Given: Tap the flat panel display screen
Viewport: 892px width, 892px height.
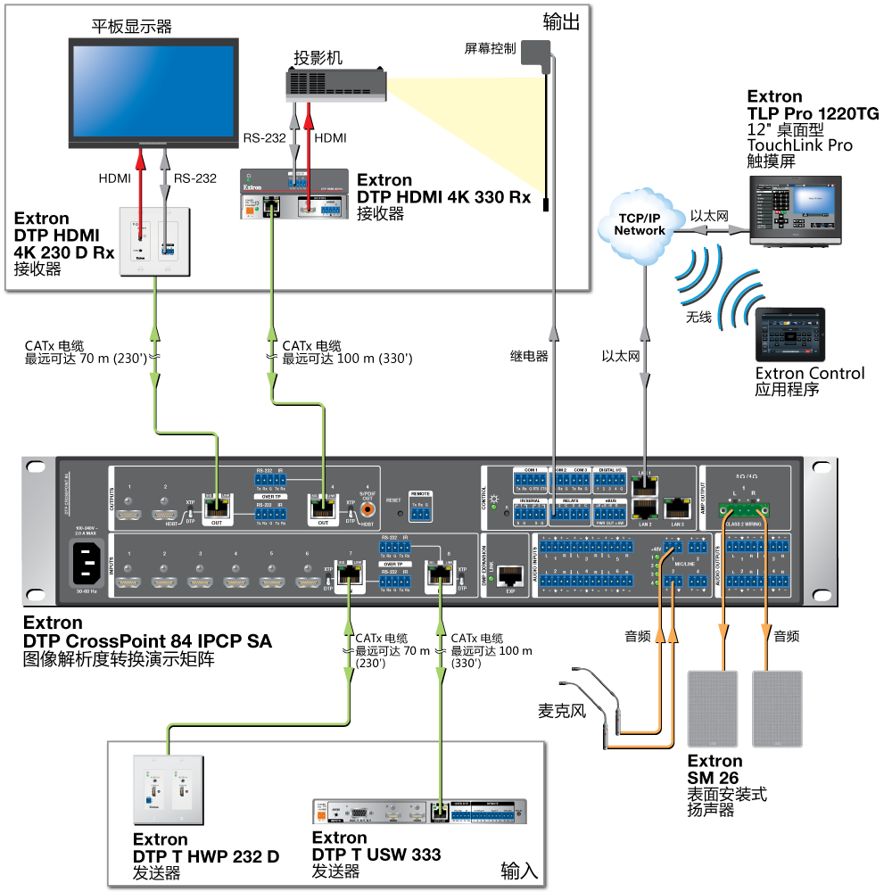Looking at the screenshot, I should [x=154, y=92].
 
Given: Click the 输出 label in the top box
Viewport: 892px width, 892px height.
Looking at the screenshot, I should [x=561, y=21].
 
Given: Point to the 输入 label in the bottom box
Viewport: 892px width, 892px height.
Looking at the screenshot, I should [x=519, y=870].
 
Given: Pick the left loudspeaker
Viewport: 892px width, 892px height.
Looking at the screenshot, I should [x=713, y=709].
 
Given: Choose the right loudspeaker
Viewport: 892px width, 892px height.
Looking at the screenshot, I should [x=777, y=709].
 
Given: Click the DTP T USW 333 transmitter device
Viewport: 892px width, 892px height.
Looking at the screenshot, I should [x=419, y=813].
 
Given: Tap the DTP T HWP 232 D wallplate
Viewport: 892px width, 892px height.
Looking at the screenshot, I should [x=168, y=792].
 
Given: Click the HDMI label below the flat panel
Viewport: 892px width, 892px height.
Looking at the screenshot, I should [x=114, y=178].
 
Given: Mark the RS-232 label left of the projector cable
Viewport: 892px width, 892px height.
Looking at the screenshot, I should [x=264, y=138].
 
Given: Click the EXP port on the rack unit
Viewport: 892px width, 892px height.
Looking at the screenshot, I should [x=510, y=575].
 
